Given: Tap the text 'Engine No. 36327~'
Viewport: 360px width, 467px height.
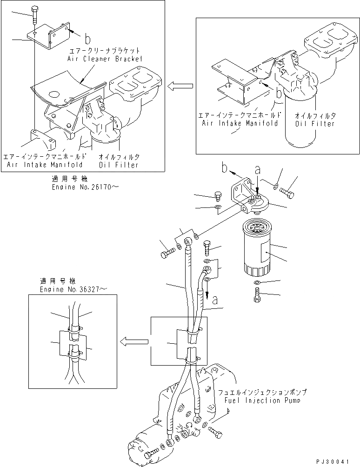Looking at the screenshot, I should [x=73, y=289].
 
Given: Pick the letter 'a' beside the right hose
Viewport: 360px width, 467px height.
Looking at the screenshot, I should [x=215, y=300].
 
